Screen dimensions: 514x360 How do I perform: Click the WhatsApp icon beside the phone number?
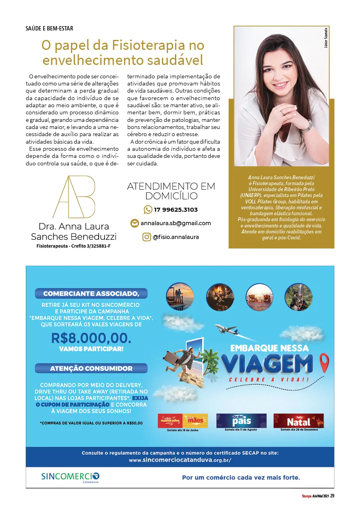(148, 209)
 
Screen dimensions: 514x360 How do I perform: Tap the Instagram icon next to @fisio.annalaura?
(147, 237)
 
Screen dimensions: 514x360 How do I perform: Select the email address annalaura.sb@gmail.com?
(175, 223)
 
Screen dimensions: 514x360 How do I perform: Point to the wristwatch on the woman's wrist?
(308, 125)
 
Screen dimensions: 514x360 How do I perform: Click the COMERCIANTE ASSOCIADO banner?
(91, 294)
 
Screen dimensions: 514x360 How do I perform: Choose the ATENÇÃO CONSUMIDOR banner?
(91, 368)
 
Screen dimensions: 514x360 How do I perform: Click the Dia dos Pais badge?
(241, 421)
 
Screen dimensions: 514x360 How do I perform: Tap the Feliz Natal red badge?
(298, 421)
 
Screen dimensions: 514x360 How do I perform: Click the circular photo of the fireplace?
(220, 297)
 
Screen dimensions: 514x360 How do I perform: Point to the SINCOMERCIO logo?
(70, 476)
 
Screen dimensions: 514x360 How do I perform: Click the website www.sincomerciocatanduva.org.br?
(180, 460)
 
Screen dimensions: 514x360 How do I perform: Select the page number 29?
(332, 496)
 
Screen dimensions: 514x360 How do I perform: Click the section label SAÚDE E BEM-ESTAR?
(49, 29)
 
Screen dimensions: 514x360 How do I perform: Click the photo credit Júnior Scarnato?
(325, 38)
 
